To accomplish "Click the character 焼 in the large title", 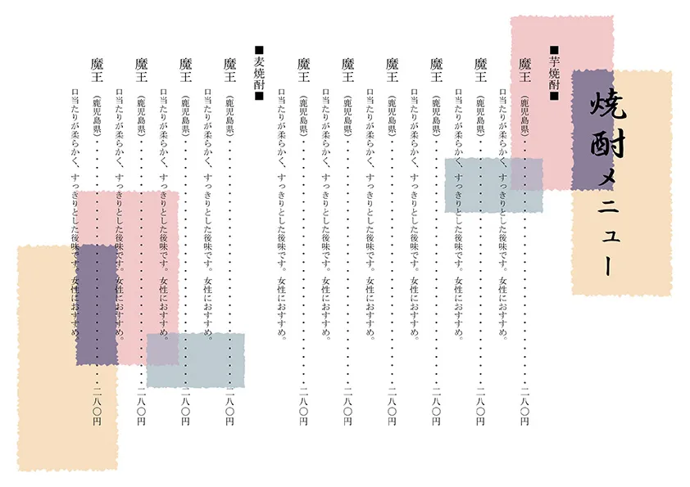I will point(606,106).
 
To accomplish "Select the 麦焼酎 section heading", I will point(259,74).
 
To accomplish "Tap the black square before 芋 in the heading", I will point(554,50).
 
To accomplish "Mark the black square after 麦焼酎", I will point(259,97).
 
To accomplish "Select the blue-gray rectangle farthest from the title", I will point(196,359).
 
